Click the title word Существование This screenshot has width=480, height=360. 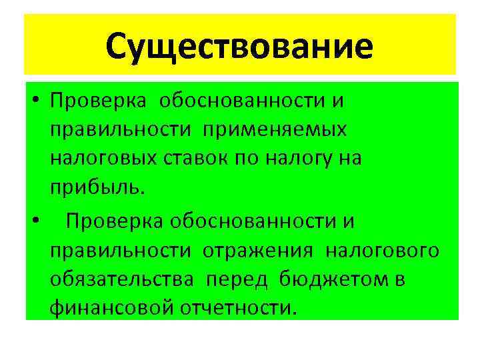click(x=239, y=46)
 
